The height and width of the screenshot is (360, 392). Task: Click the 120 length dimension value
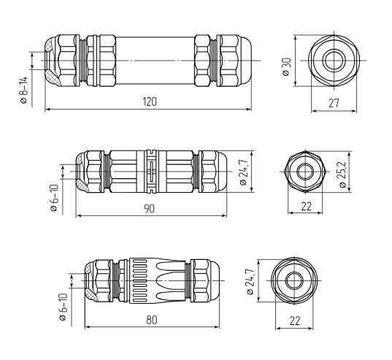click(150, 102)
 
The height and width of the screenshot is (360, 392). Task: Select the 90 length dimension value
click(149, 209)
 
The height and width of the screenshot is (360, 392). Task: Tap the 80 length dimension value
click(152, 320)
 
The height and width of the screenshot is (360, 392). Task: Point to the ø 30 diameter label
click(287, 67)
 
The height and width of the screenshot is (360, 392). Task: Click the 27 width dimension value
click(334, 103)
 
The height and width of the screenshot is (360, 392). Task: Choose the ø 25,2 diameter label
click(342, 175)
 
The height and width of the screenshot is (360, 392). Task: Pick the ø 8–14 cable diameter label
click(24, 91)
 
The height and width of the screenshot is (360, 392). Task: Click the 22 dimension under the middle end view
click(307, 207)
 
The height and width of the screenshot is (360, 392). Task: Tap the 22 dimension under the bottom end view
click(295, 321)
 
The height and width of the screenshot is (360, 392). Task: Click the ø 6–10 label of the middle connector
click(54, 198)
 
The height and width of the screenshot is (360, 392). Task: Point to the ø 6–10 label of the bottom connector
click(63, 307)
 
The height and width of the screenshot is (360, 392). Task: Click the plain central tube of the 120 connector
click(155, 61)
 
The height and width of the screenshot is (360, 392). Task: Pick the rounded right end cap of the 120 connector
click(245, 61)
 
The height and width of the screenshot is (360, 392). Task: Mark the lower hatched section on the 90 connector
click(82, 185)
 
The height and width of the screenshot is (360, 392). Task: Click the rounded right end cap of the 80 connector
click(215, 280)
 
